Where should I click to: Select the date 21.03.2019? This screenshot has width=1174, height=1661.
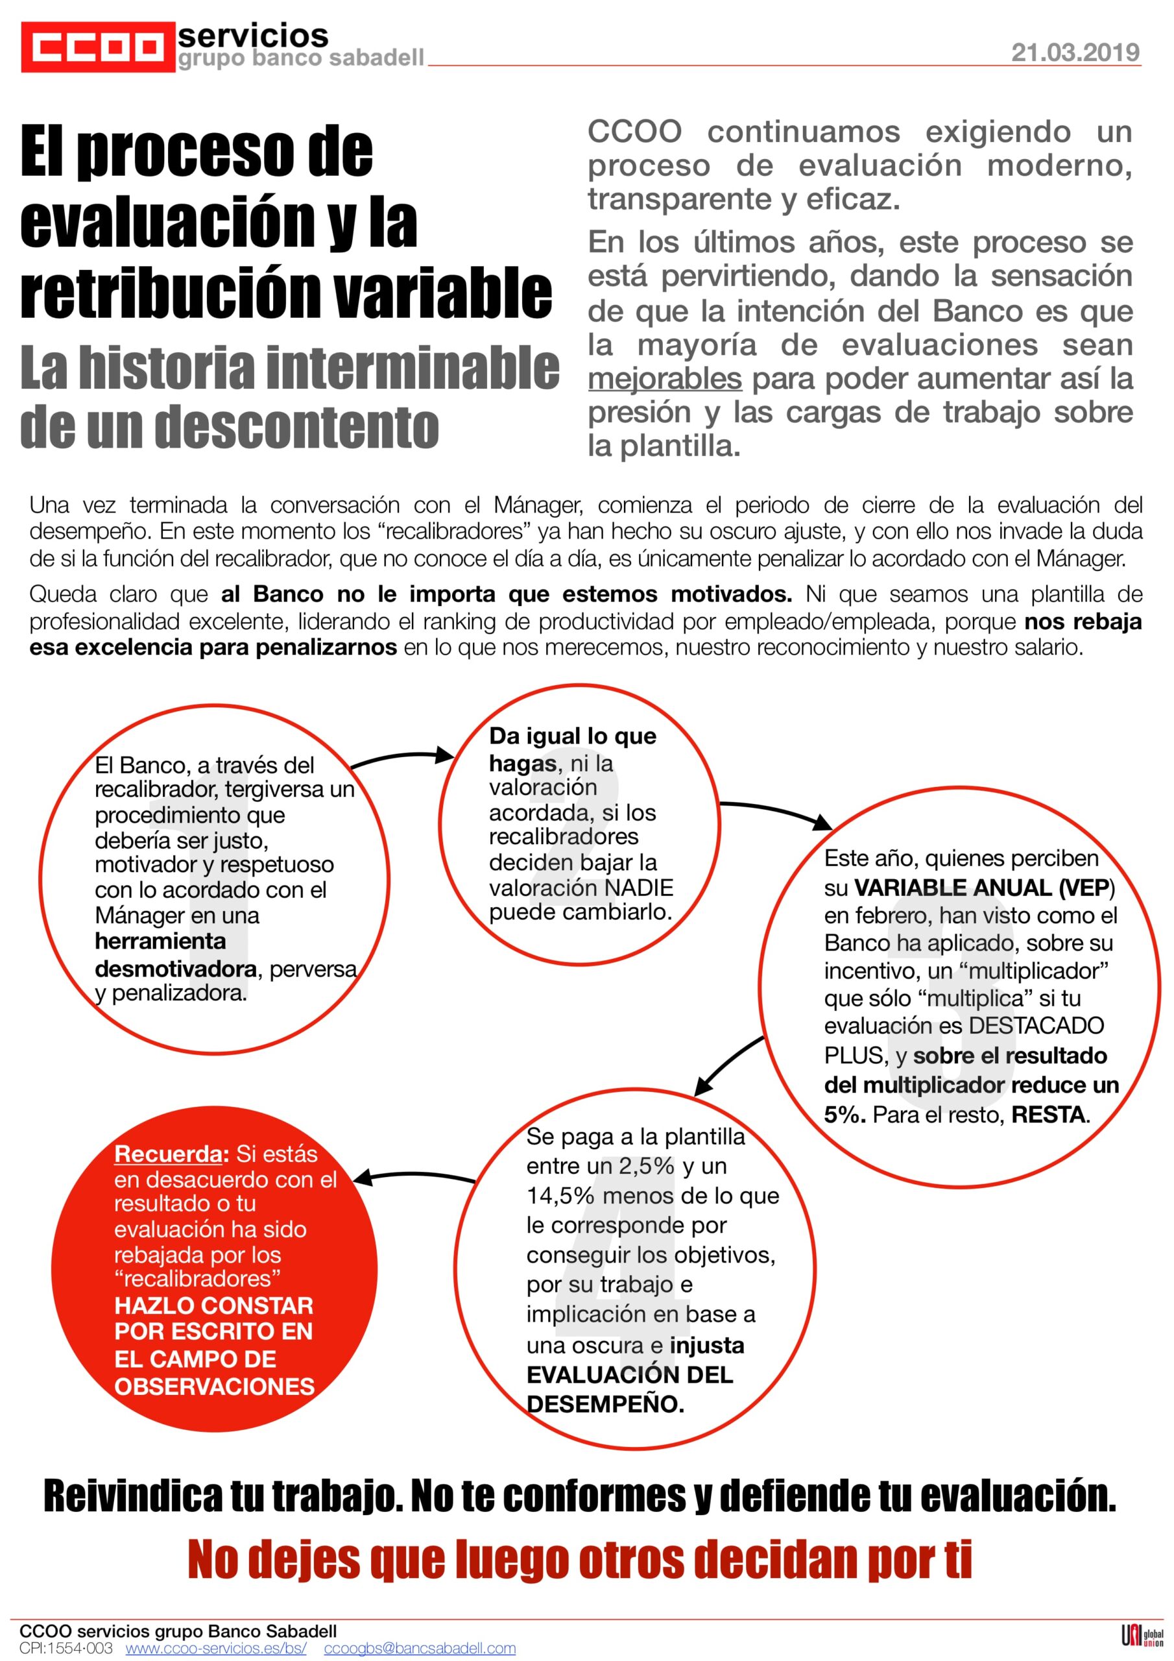1075,52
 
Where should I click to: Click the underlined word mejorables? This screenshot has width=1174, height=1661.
665,378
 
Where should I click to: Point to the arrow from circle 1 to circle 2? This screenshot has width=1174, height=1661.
402,758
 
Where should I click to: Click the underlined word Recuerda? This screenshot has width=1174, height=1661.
167,1153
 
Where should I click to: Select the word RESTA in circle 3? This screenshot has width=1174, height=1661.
1049,1115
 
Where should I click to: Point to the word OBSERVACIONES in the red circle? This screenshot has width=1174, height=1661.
214,1386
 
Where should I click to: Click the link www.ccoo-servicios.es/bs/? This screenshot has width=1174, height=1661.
215,1648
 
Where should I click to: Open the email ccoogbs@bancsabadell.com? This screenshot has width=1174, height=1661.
420,1648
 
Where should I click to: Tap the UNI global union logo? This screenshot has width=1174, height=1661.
1142,1637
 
